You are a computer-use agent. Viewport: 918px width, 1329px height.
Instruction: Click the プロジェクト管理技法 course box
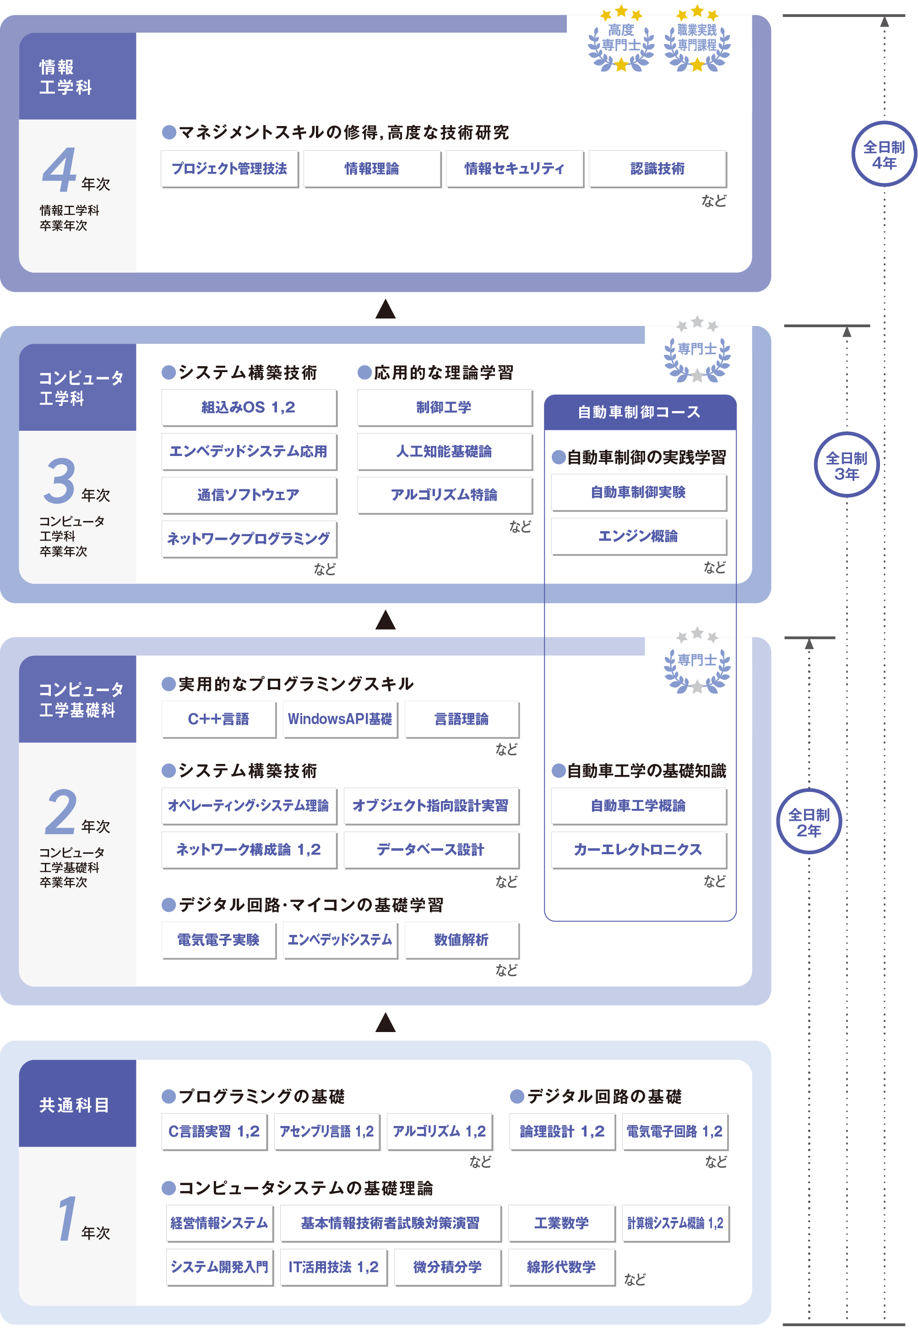[x=229, y=169]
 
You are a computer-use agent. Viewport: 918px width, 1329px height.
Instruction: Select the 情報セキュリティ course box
[x=514, y=169]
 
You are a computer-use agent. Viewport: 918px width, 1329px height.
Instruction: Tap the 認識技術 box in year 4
[x=657, y=169]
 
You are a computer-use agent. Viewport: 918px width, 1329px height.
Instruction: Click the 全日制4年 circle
[x=884, y=154]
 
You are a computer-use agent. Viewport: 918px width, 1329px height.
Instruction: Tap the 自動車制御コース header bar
[x=639, y=412]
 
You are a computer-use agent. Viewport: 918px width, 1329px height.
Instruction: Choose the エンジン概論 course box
[x=638, y=536]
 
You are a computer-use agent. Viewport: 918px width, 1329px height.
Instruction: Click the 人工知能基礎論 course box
[x=444, y=451]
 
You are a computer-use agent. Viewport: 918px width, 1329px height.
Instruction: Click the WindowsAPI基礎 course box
[x=340, y=719]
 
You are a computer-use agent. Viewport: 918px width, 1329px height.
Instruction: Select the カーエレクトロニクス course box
[x=638, y=850]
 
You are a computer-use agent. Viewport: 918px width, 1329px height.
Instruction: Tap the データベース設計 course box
[x=430, y=850]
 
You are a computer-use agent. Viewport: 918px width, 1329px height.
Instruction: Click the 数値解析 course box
[x=462, y=940]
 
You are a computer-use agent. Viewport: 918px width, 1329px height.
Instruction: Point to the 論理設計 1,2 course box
[x=561, y=1131]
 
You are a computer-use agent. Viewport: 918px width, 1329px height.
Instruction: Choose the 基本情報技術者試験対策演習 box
[x=390, y=1223]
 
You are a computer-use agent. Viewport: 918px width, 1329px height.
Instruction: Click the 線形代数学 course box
[x=561, y=1267]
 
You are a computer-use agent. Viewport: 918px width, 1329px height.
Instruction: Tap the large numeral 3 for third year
[x=59, y=481]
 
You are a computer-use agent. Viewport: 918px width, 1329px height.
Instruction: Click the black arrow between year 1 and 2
[x=386, y=1022]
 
